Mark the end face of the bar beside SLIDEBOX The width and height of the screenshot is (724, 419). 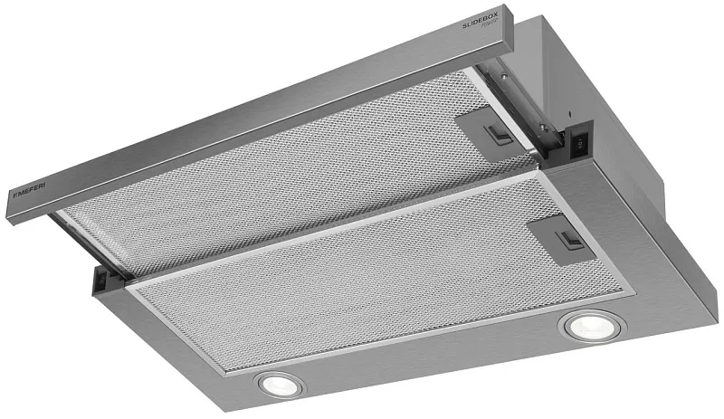pos(507,31)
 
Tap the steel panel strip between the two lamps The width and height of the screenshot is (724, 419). pos(425,371)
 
